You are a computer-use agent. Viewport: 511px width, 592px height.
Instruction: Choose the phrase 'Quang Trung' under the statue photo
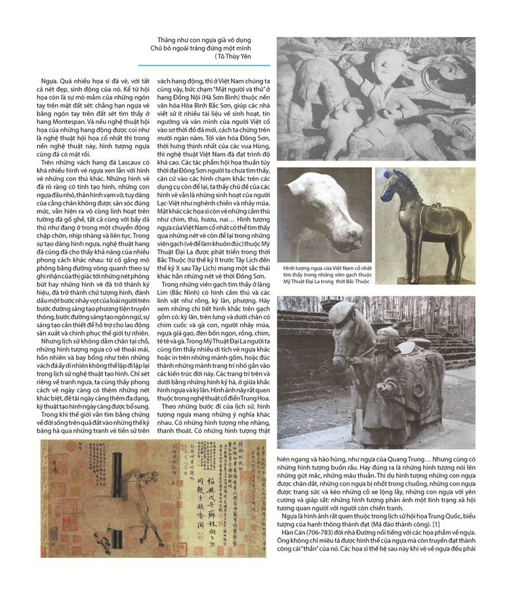pos(399,460)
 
